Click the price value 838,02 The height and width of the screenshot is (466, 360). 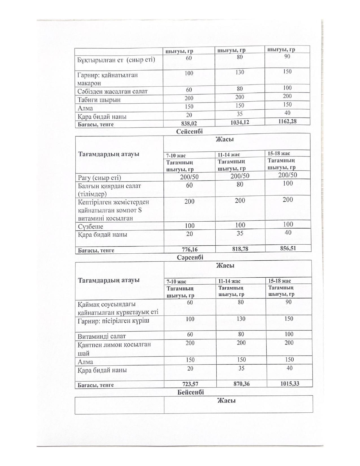[189, 123]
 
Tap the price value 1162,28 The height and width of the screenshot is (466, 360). [287, 121]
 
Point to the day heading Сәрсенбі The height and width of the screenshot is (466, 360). [190, 258]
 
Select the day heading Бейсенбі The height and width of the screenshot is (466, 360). [191, 392]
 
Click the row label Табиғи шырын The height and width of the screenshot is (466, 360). [99, 100]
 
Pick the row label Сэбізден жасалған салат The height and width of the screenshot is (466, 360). [112, 91]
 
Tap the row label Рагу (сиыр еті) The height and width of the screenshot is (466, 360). [99, 178]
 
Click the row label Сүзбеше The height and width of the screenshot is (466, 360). [90, 227]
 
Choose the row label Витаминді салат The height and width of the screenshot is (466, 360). [102, 336]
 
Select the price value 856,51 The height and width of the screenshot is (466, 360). [287, 248]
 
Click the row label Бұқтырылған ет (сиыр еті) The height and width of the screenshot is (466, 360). [116, 60]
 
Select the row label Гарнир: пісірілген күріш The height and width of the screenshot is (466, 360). [114, 321]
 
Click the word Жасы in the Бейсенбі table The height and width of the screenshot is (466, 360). [226, 401]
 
